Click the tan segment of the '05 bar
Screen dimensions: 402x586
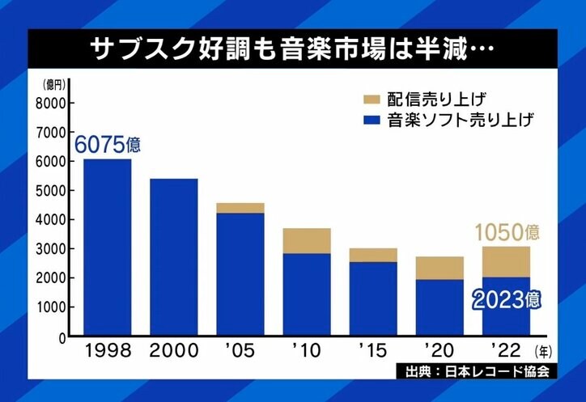click(240, 208)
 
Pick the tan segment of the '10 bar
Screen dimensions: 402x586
click(306, 240)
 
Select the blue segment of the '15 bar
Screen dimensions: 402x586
click(373, 298)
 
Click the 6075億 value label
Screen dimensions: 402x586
click(108, 146)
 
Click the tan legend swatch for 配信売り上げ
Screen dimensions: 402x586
click(372, 99)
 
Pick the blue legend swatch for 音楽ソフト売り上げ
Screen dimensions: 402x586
click(372, 121)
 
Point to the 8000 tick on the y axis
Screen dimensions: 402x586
click(48, 103)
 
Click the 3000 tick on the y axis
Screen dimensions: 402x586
click(48, 248)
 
